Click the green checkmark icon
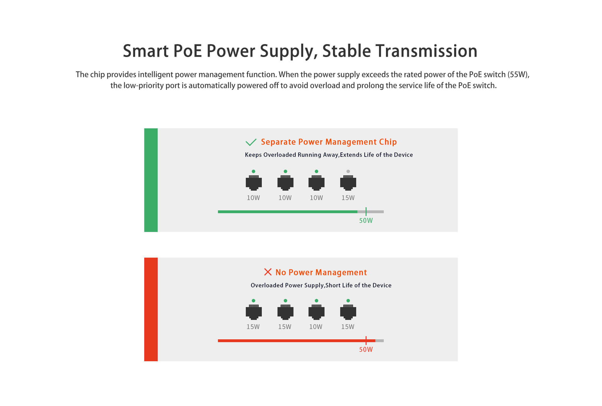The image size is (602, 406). [251, 142]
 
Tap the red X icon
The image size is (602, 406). [268, 272]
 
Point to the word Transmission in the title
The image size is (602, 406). [426, 51]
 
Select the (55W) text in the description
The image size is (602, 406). [519, 75]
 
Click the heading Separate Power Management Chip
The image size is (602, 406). [329, 142]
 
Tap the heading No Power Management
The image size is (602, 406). [321, 272]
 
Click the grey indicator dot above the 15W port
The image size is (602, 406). [348, 171]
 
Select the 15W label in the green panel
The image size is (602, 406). [348, 198]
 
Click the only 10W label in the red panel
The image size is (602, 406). [316, 327]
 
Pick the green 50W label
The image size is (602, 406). [366, 220]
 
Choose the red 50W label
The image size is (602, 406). [366, 349]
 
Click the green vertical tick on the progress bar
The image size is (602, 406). [366, 212]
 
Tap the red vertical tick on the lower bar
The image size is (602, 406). [366, 341]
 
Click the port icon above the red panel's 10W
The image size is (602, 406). [316, 312]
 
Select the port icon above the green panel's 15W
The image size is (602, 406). [348, 183]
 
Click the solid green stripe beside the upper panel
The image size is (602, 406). [151, 180]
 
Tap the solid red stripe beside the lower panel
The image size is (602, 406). [151, 309]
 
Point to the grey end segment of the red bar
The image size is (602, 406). [379, 341]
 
